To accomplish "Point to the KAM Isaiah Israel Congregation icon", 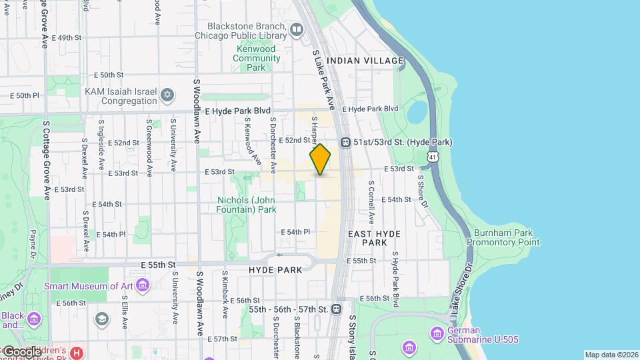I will point(167,94).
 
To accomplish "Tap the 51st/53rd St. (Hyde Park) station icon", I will point(346,142).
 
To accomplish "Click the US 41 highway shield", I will point(433,157).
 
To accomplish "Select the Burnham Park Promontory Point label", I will point(503,238).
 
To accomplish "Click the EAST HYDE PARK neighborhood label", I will point(367,238).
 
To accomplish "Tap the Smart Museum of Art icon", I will point(142,287).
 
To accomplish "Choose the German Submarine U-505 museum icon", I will point(437,332).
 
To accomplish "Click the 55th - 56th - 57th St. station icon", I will point(337,309).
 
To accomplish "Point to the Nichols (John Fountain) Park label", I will point(247,205).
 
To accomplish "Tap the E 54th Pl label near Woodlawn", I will point(111,235).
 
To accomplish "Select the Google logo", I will point(21,351).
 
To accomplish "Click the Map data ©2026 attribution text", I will point(610,355).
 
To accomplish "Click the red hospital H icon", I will point(77,351).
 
